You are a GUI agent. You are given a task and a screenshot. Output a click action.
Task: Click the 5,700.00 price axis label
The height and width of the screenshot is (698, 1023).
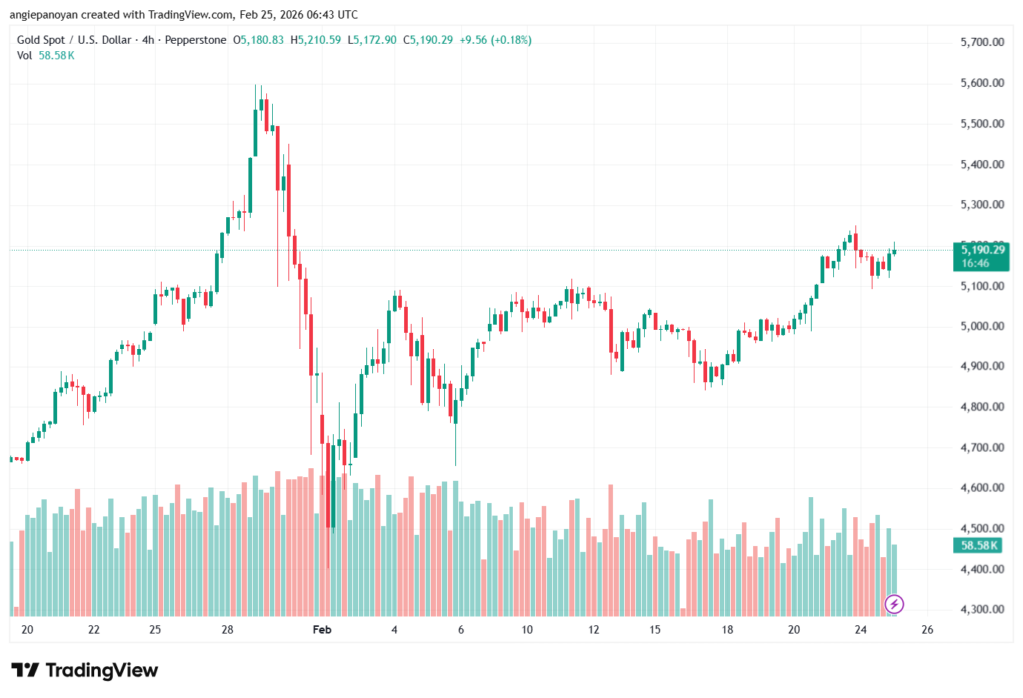click(980, 42)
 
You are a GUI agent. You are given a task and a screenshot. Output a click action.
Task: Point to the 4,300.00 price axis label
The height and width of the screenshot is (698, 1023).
click(980, 609)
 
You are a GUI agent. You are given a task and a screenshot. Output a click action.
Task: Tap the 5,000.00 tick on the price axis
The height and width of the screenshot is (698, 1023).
click(980, 327)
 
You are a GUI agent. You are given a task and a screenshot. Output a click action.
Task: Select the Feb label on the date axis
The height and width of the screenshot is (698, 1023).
click(321, 630)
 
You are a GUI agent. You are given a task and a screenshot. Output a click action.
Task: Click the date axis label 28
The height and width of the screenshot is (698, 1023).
click(228, 630)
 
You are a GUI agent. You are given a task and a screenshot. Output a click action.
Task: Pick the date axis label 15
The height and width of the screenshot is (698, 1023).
click(655, 630)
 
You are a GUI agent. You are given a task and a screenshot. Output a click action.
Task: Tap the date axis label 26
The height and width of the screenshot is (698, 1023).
click(927, 630)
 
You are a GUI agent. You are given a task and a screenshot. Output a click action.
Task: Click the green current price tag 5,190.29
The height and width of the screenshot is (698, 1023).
click(983, 249)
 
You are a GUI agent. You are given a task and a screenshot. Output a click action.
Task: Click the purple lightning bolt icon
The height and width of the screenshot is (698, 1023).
click(895, 603)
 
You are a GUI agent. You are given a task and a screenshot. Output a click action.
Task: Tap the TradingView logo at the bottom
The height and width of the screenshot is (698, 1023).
click(85, 670)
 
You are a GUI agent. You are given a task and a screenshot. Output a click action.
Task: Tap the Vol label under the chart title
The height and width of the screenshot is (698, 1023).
click(24, 55)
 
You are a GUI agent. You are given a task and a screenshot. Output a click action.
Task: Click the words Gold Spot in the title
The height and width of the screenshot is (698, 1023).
click(41, 40)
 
